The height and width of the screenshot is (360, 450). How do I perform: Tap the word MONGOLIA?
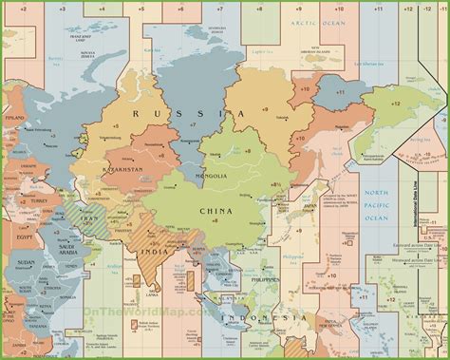[x=211, y=176]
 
